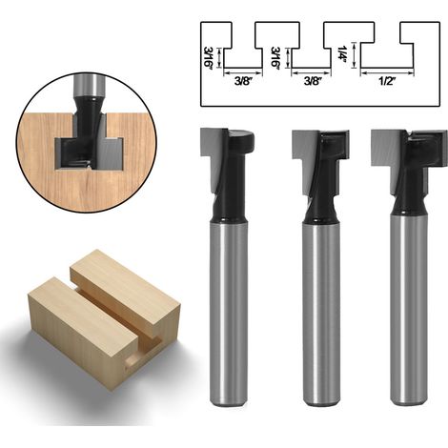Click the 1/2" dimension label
pos(387,81)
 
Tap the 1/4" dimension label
pos(342,54)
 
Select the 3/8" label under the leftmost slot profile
pos(243,81)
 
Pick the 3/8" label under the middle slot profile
pos(312,81)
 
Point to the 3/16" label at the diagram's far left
pos(208,58)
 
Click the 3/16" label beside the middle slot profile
pos(275,58)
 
